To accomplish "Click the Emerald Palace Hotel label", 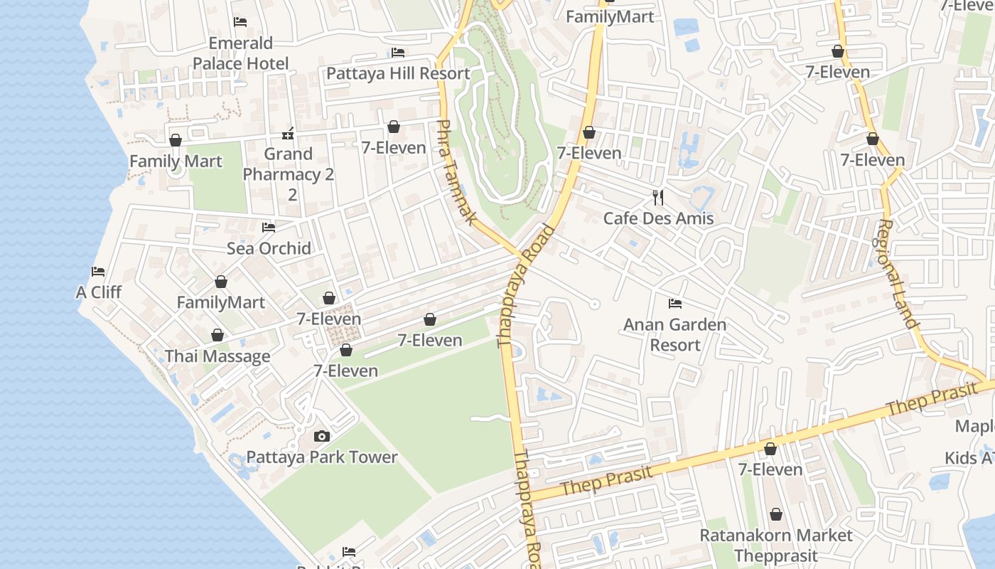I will pos(240,53).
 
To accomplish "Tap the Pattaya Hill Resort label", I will pos(397,73).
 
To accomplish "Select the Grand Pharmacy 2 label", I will pos(288,164).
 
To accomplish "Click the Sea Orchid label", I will pos(269,248).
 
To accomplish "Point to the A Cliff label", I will pos(98,292).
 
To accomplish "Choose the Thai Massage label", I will pos(217,356).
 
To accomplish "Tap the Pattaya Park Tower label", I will pos(321,457).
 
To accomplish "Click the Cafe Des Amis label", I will pos(658,218).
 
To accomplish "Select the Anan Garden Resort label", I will pos(674,335).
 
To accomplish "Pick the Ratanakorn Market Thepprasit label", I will pos(776,545).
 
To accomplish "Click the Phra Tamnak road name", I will pos(453,172).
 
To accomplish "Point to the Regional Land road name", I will pos(898,274).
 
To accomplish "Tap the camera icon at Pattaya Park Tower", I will pos(321,436).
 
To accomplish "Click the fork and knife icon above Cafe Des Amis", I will pos(658,197).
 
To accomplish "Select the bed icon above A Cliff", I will pos(98,272).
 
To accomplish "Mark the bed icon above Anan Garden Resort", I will pos(674,304).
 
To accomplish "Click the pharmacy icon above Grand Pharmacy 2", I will pos(288,133).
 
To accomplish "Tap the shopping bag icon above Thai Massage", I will pos(217,335).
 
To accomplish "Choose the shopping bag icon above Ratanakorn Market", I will pos(776,514).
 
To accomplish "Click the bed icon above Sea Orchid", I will pos(269,228).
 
